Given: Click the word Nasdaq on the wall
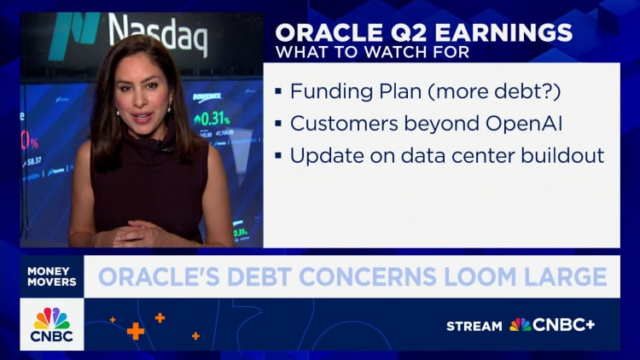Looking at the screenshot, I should click(x=159, y=32).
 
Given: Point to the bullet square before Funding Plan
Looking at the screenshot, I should click(x=279, y=90).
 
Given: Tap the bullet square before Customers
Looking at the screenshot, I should click(x=279, y=124).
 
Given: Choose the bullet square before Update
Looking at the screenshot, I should click(x=279, y=157).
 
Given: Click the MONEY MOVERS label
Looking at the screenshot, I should click(x=52, y=276).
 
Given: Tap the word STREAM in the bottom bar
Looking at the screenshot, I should click(x=474, y=325).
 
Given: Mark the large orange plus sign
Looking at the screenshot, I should click(x=135, y=330).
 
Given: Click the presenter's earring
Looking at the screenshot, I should click(x=170, y=107).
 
